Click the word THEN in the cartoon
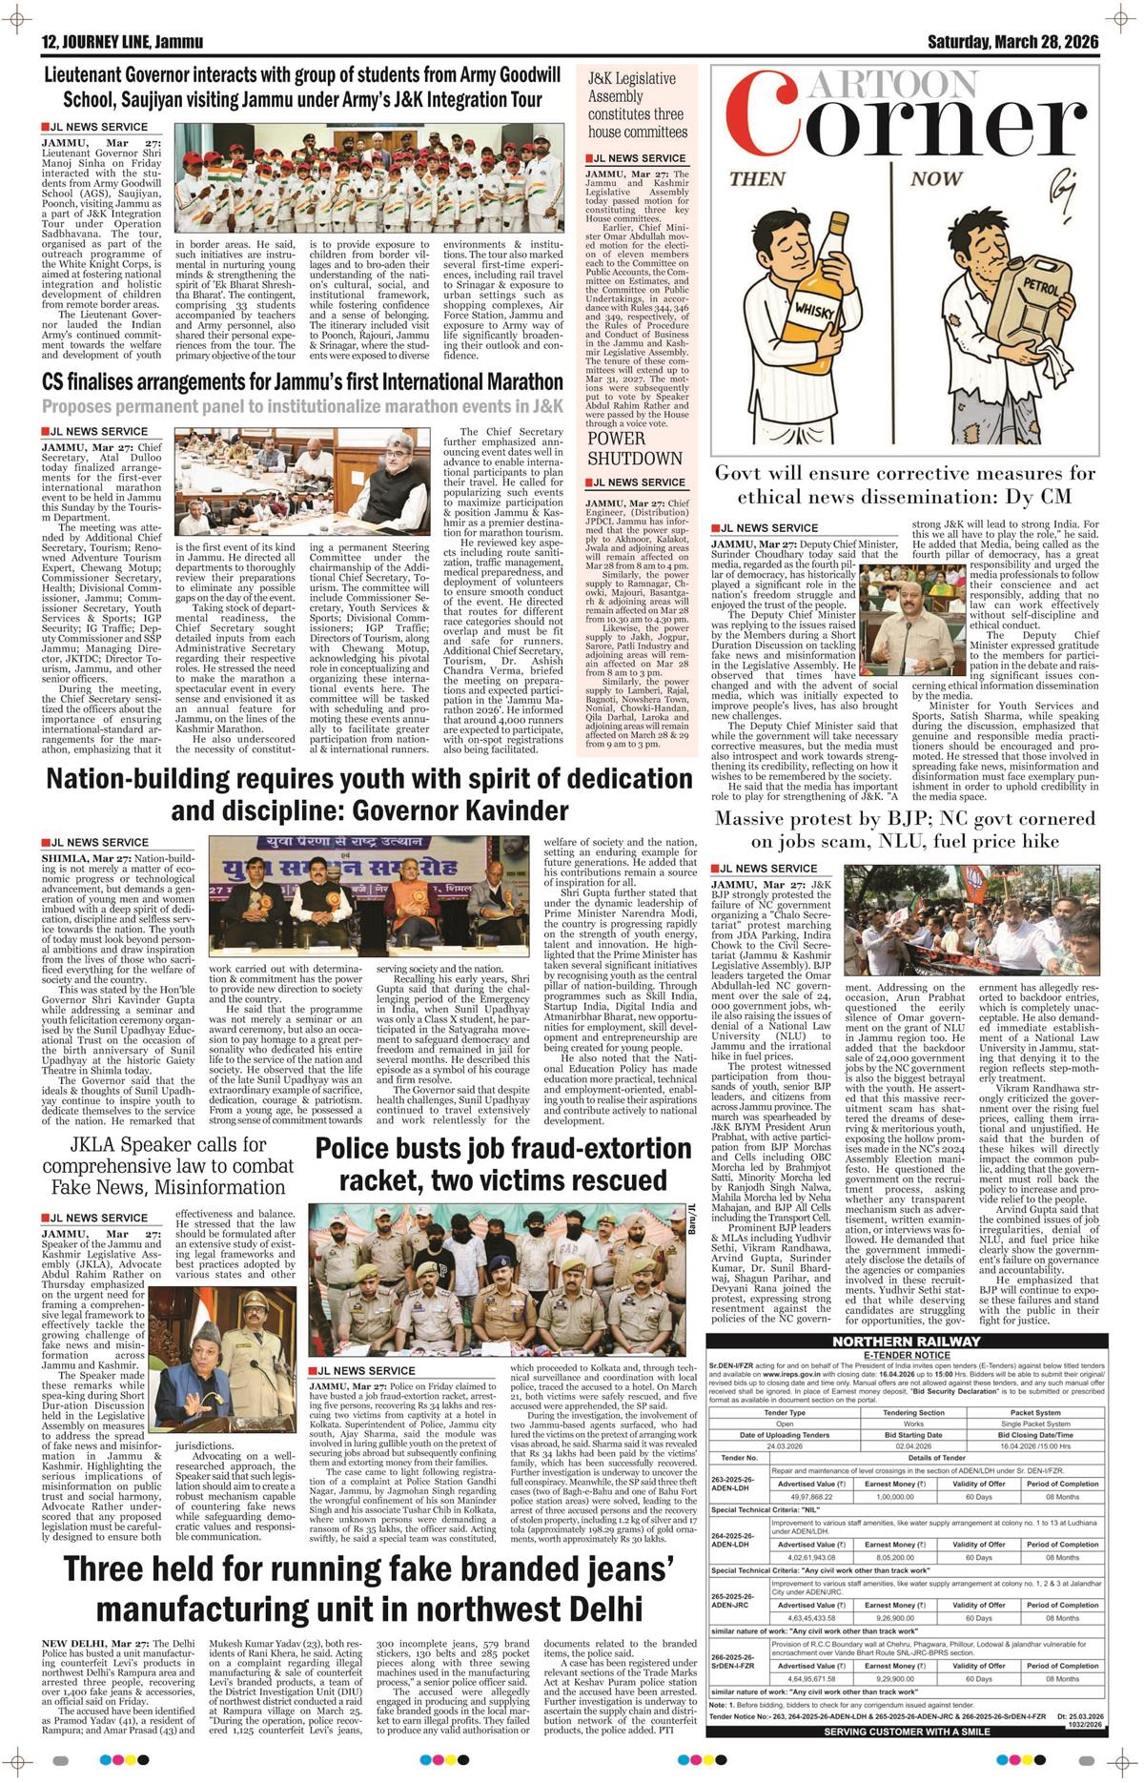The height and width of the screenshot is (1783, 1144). [x=758, y=179]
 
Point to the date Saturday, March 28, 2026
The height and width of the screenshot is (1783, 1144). [x=1013, y=42]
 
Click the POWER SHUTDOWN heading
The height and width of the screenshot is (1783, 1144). [x=635, y=448]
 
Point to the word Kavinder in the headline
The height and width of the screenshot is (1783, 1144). [x=501, y=811]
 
